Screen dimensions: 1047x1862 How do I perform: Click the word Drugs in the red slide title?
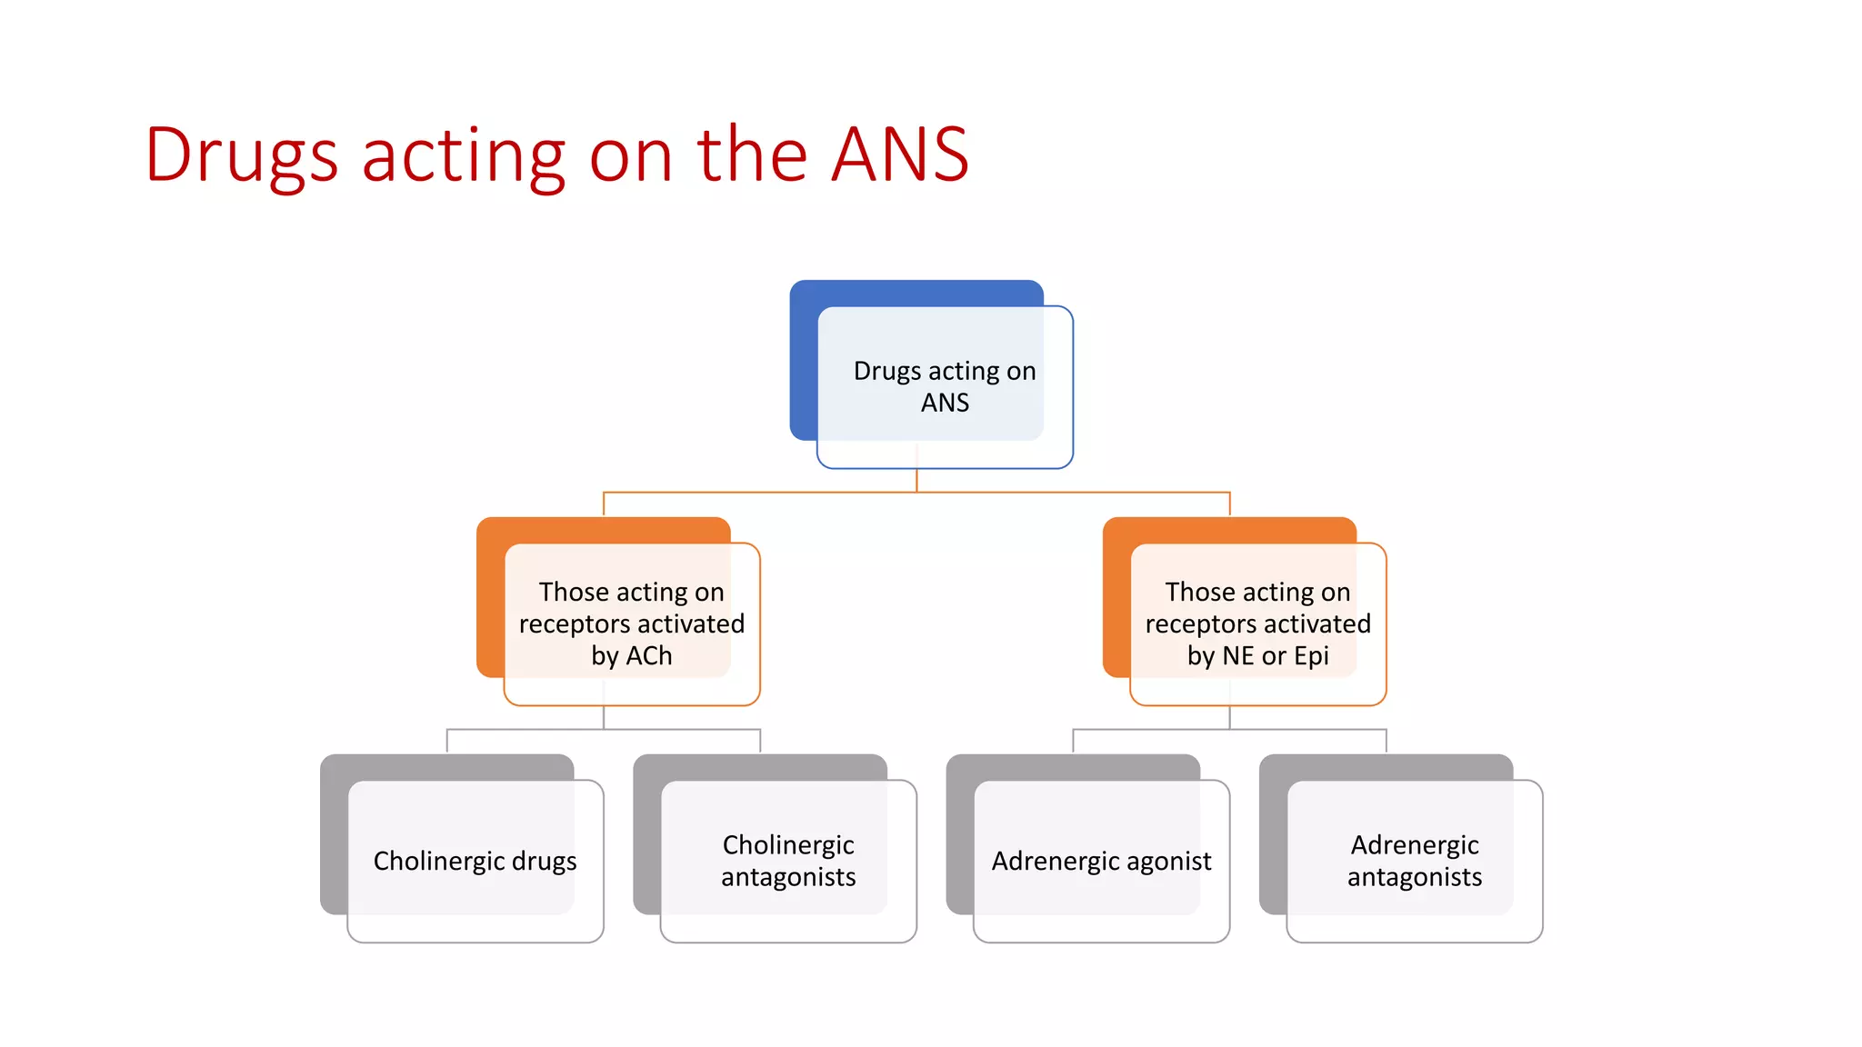coord(241,155)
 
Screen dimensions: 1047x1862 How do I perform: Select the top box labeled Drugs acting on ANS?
coord(945,386)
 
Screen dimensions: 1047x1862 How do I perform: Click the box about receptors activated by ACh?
coord(631,623)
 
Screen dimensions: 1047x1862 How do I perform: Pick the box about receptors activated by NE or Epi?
coord(1257,623)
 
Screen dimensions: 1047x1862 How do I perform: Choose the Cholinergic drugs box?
coord(475,860)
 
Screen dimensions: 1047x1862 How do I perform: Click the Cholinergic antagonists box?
coord(788,860)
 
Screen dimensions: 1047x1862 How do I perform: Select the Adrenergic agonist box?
coord(1101,860)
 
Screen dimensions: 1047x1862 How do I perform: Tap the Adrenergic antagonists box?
coord(1415,860)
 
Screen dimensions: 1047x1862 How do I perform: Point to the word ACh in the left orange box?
coord(649,655)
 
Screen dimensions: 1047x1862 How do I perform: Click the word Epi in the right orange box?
coord(1311,655)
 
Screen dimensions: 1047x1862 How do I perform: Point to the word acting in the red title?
coord(464,155)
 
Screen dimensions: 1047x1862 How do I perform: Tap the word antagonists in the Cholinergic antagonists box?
coord(788,877)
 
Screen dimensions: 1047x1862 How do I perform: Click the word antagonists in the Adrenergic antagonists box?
coord(1415,877)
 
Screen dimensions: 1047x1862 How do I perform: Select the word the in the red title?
coord(752,155)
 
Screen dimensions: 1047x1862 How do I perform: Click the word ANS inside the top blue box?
coord(945,403)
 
